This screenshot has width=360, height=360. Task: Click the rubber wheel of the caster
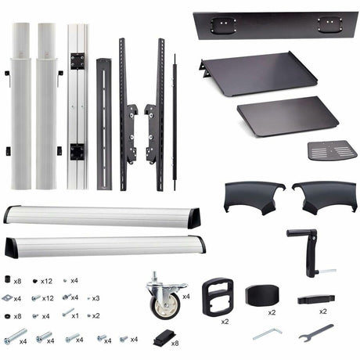(x=165, y=306)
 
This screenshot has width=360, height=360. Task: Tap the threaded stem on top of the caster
(x=155, y=276)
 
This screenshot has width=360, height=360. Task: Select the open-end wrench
(x=315, y=333)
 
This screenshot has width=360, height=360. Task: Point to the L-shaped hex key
(x=268, y=333)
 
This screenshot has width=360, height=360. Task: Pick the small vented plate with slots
(x=332, y=150)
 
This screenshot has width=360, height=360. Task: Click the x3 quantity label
(x=95, y=298)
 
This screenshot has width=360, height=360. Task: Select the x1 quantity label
(x=75, y=316)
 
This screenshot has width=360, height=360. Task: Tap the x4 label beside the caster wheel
(x=186, y=297)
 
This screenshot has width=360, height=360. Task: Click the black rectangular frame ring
(x=218, y=297)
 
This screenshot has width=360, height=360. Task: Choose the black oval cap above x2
(x=262, y=296)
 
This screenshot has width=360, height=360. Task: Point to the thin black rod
(x=175, y=122)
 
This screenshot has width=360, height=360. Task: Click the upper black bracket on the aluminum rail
(x=77, y=61)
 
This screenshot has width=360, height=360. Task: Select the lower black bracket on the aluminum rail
(x=77, y=152)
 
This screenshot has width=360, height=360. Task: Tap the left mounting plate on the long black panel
(x=223, y=25)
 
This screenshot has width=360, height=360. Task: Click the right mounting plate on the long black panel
(x=329, y=24)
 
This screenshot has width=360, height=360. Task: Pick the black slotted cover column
(x=104, y=124)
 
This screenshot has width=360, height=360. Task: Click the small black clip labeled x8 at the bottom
(x=164, y=338)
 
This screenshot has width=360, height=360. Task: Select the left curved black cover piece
(x=254, y=197)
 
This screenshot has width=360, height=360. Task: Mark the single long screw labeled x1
(x=67, y=312)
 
